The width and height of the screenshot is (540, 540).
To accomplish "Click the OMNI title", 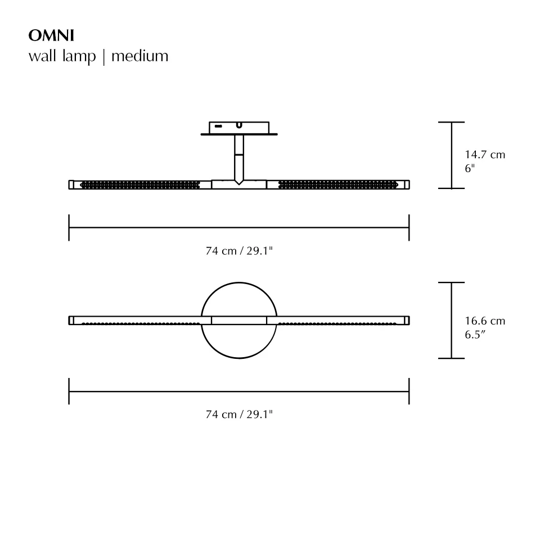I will (x=51, y=36).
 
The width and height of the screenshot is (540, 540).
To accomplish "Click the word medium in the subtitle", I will (x=139, y=56).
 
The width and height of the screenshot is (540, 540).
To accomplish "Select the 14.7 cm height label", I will (x=485, y=155).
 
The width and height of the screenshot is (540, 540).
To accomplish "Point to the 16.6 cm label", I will (x=485, y=321).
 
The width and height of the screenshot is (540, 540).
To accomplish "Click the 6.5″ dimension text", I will (x=475, y=335).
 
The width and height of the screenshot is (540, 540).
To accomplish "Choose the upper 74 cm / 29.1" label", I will (x=239, y=251).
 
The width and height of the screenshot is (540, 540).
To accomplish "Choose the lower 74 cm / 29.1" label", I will (x=239, y=415).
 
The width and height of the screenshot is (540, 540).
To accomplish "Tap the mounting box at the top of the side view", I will (x=239, y=128).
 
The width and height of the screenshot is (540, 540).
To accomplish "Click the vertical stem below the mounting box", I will (x=239, y=157).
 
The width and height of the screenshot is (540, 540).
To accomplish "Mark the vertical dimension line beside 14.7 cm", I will (x=451, y=155).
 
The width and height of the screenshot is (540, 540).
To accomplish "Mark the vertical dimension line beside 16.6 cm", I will (x=451, y=320).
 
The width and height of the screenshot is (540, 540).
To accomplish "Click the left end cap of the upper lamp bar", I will (x=71, y=184).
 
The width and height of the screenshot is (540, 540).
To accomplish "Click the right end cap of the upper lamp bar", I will (x=407, y=184).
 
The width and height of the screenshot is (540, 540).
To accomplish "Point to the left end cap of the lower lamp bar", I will (x=71, y=320).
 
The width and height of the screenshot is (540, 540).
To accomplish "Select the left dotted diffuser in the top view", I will (x=141, y=184).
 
